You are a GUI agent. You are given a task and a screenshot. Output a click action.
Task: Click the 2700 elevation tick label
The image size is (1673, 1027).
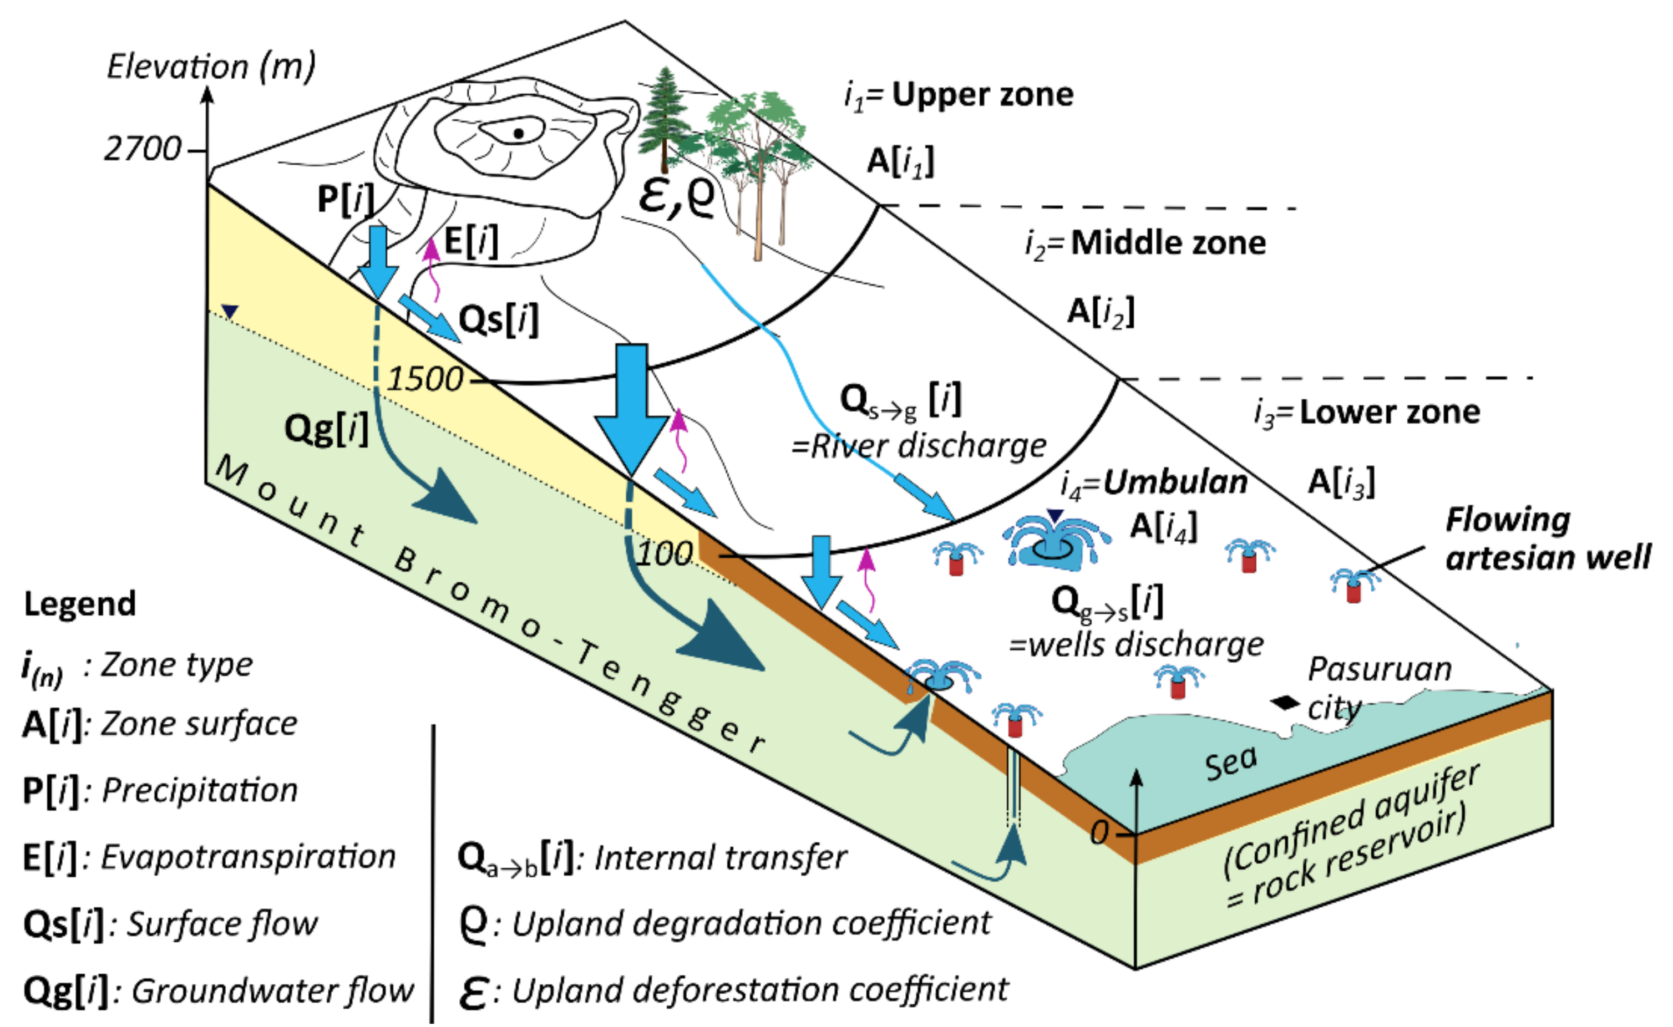point(143,149)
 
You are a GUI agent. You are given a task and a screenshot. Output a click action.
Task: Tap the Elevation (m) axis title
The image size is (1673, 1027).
point(211,68)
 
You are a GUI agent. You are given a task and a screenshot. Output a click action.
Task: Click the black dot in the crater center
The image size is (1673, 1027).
point(518,134)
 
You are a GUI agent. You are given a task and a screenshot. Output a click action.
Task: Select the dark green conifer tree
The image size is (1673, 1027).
point(663,119)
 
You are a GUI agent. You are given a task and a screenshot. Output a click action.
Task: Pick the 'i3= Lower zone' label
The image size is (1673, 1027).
point(1367,412)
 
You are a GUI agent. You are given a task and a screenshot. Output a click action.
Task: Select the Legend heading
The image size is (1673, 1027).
point(80,604)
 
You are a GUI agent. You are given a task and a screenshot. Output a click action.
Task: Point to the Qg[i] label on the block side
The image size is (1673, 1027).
point(326,429)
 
